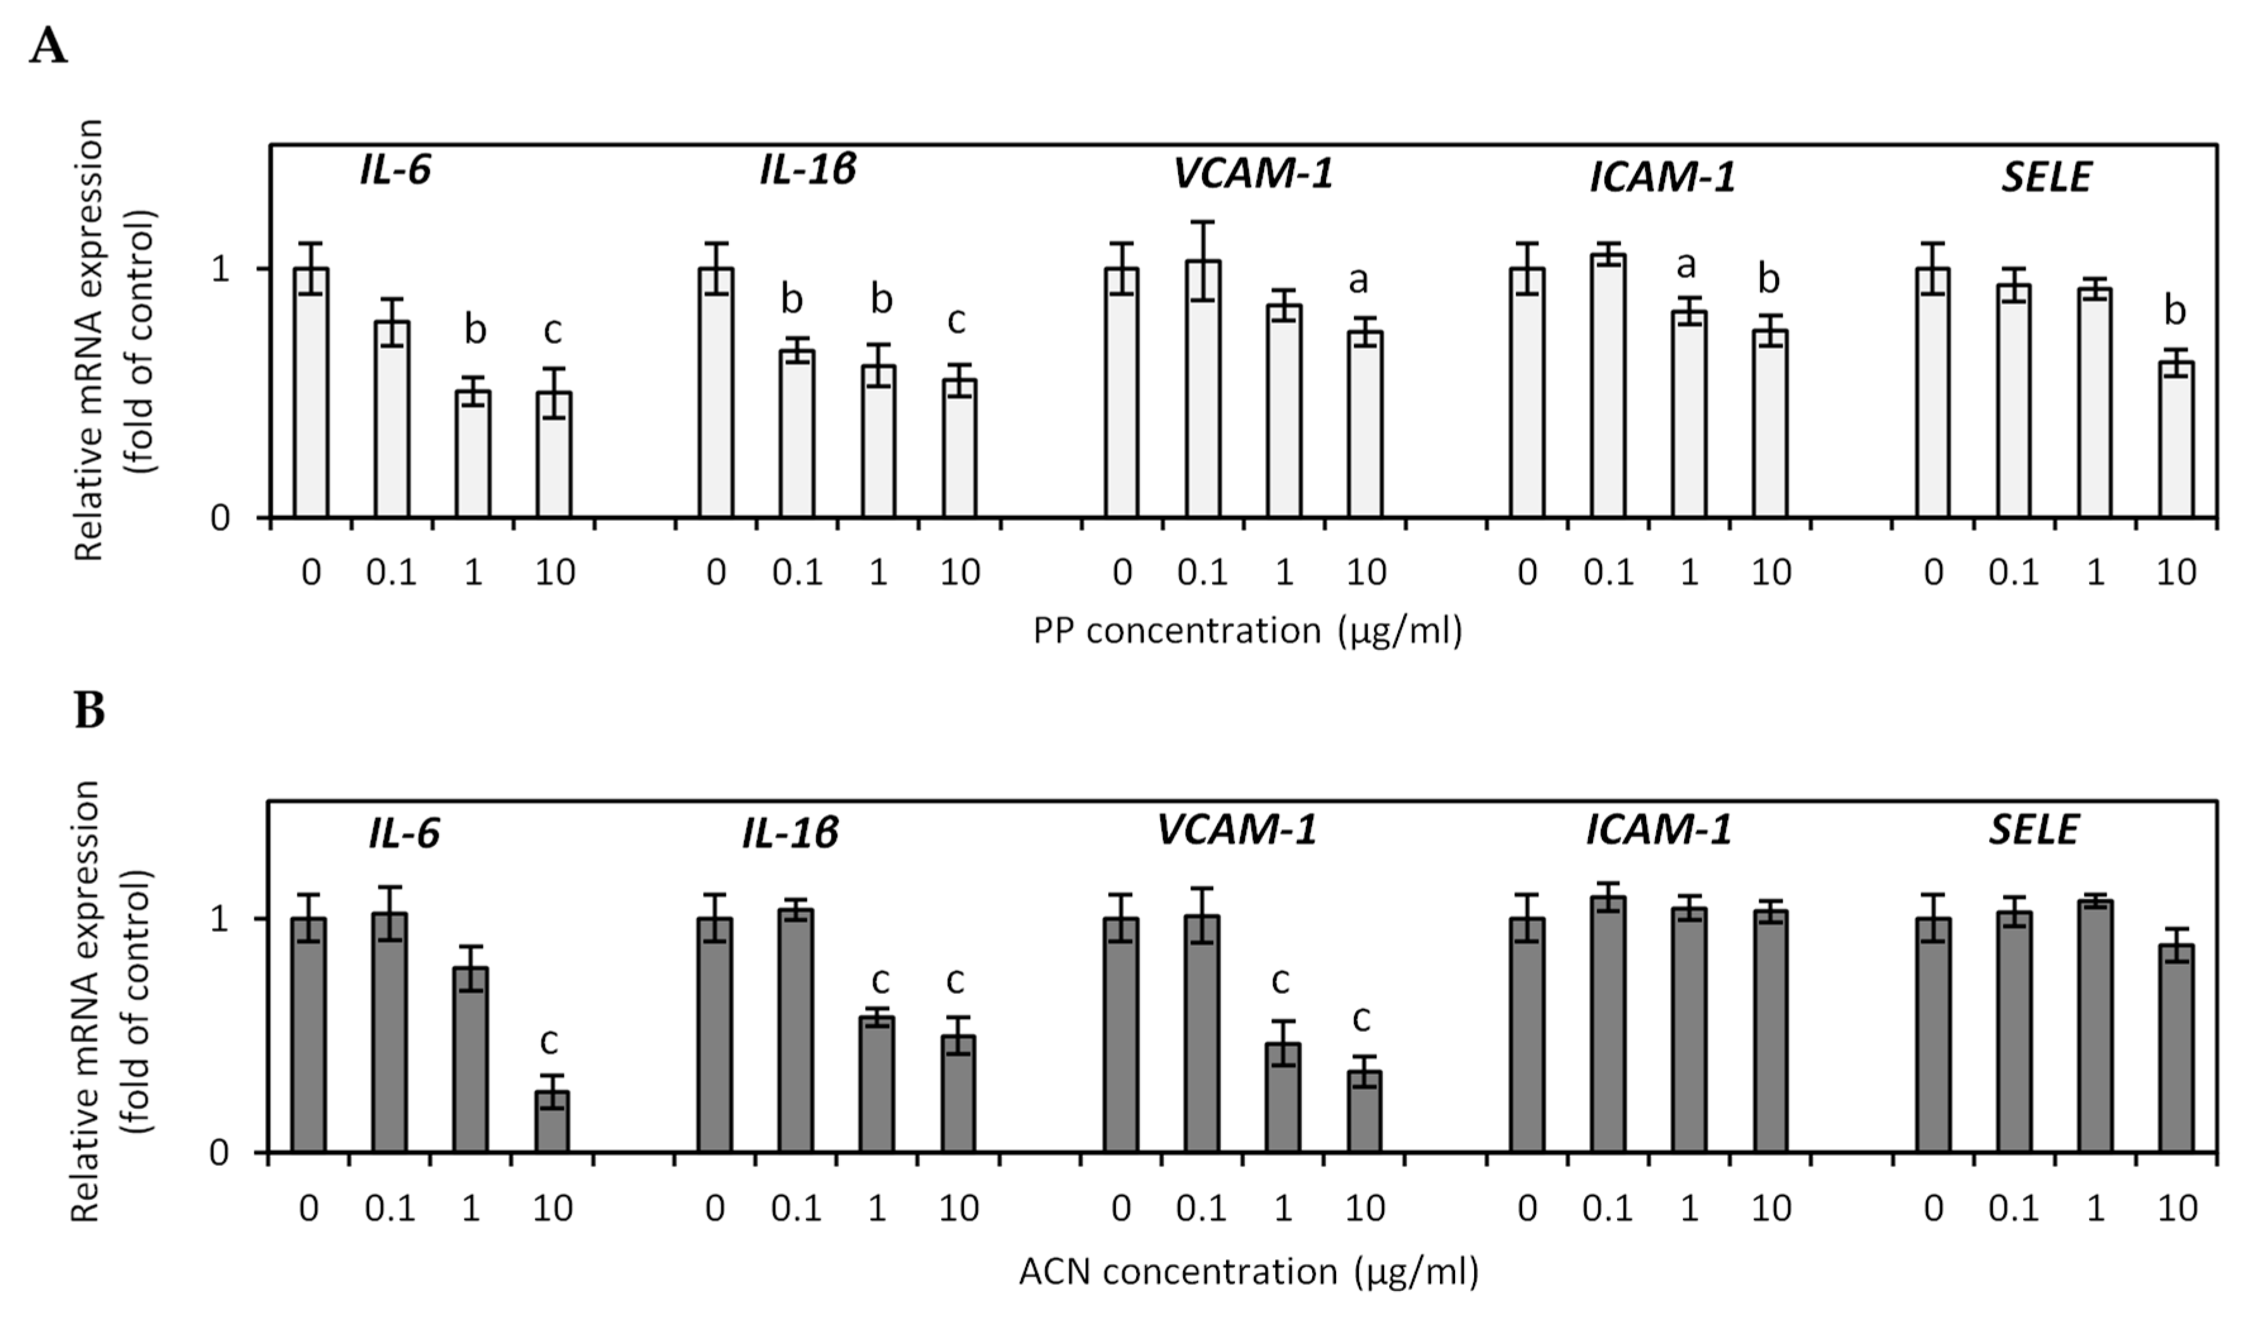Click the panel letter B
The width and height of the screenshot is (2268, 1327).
(89, 710)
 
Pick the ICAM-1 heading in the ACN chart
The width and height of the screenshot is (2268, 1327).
(1659, 829)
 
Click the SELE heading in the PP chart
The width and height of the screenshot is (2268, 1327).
(2046, 177)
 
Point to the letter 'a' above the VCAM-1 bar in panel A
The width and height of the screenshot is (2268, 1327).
(1358, 281)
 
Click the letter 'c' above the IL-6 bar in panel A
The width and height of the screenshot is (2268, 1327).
(552, 331)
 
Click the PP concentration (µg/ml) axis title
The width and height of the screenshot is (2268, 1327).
(1248, 631)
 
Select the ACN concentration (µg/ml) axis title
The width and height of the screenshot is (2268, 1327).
(1248, 1271)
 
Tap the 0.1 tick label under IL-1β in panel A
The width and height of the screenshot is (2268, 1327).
(796, 572)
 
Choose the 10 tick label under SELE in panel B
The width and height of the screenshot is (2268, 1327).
(2176, 1208)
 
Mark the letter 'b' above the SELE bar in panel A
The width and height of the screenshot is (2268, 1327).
(2174, 311)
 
